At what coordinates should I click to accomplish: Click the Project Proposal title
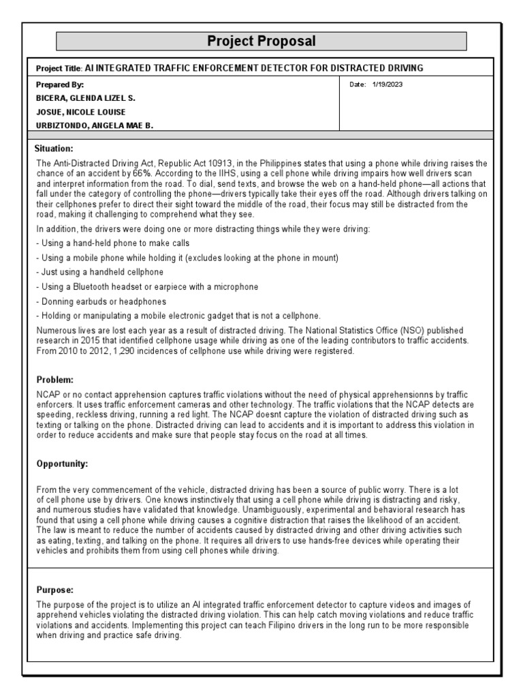click(261, 42)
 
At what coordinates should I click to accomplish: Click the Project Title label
click(58, 68)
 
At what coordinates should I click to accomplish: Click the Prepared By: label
click(60, 85)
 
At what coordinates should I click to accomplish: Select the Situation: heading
click(53, 148)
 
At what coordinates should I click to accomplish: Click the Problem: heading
click(52, 379)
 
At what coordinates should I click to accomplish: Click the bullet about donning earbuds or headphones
click(101, 301)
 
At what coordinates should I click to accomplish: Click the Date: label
click(357, 85)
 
